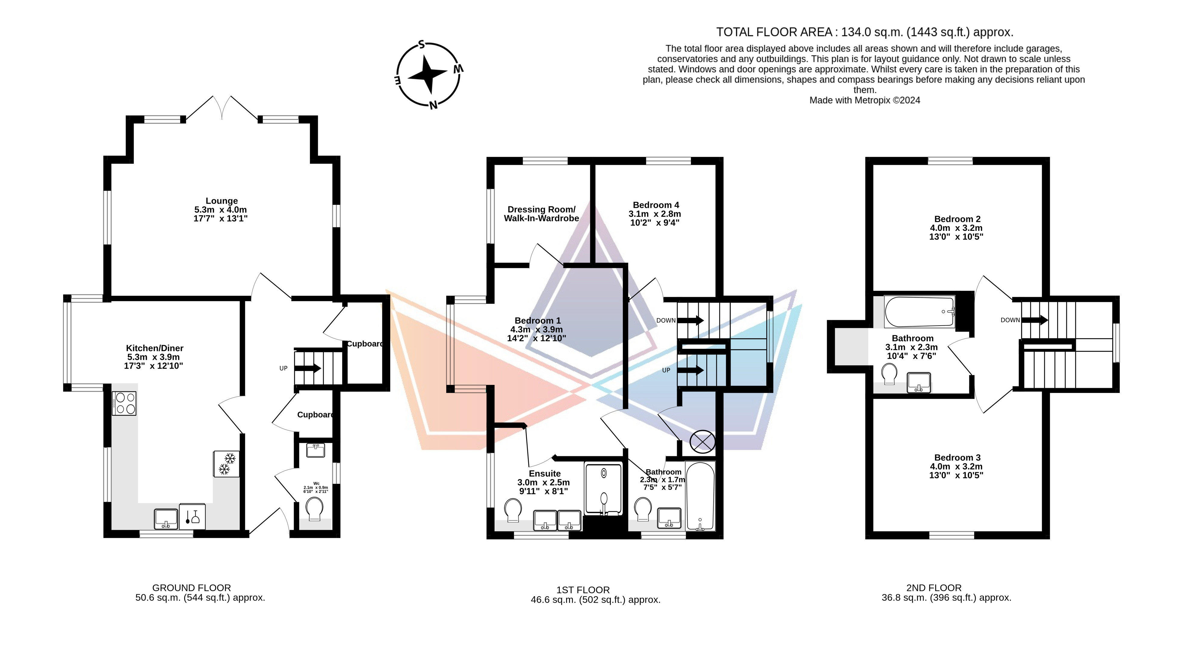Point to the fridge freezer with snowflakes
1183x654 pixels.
226,464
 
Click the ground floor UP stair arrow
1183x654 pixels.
308,368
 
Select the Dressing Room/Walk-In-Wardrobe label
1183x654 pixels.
541,214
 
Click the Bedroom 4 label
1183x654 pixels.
655,214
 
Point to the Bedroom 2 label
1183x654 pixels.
957,228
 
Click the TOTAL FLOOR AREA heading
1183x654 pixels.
865,32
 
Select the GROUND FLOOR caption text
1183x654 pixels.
191,588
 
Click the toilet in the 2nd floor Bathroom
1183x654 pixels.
890,374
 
